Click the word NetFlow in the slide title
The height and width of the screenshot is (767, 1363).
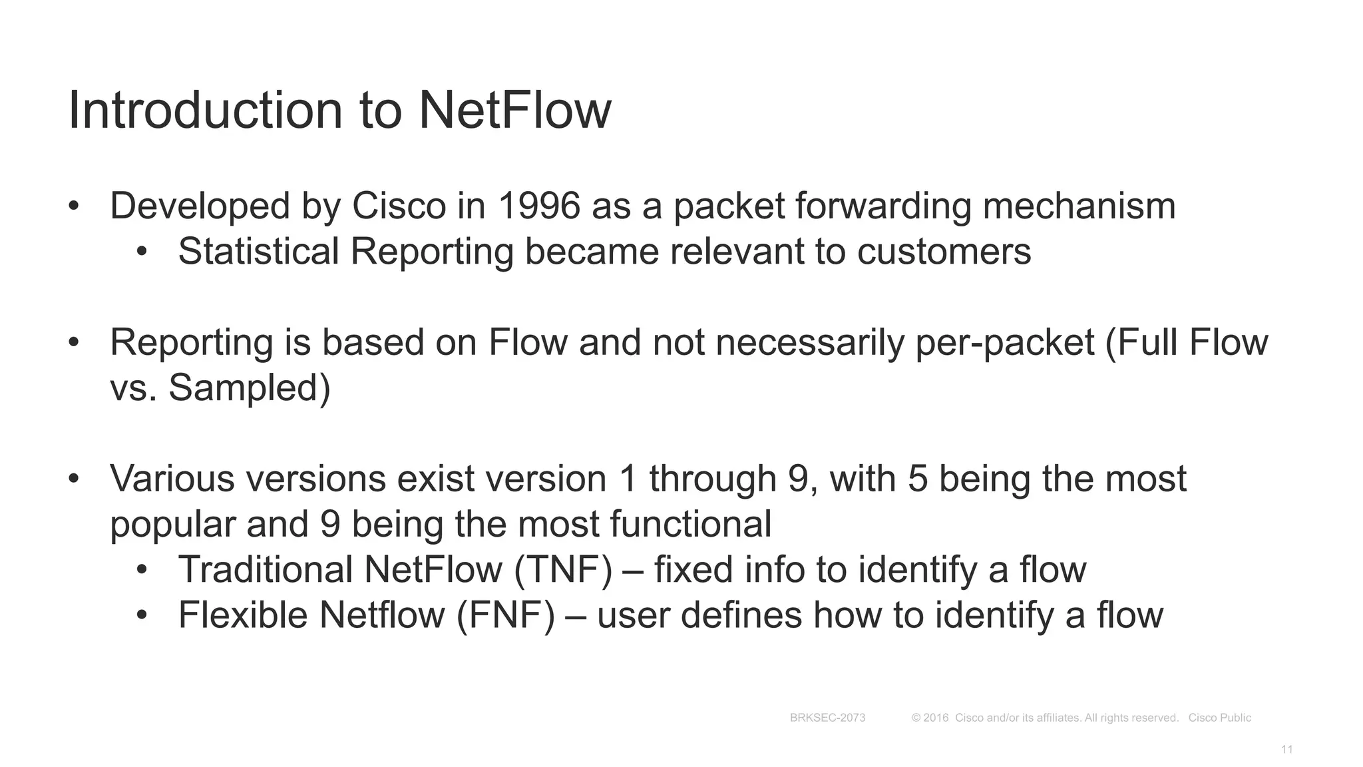click(x=514, y=110)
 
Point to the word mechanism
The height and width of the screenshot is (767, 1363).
click(x=1079, y=206)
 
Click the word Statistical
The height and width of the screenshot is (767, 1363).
click(x=259, y=252)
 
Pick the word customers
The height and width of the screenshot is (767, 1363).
click(x=944, y=252)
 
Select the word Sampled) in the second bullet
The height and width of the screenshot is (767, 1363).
click(x=250, y=387)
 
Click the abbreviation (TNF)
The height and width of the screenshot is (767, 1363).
click(x=563, y=570)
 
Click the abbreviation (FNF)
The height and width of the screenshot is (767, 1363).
click(x=506, y=615)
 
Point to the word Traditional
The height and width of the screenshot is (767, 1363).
click(x=266, y=570)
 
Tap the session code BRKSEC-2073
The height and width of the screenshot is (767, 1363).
click(x=827, y=718)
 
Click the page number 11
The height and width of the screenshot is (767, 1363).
click(x=1286, y=750)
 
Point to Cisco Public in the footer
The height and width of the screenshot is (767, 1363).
click(x=1219, y=718)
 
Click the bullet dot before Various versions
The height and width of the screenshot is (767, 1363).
click(x=74, y=479)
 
